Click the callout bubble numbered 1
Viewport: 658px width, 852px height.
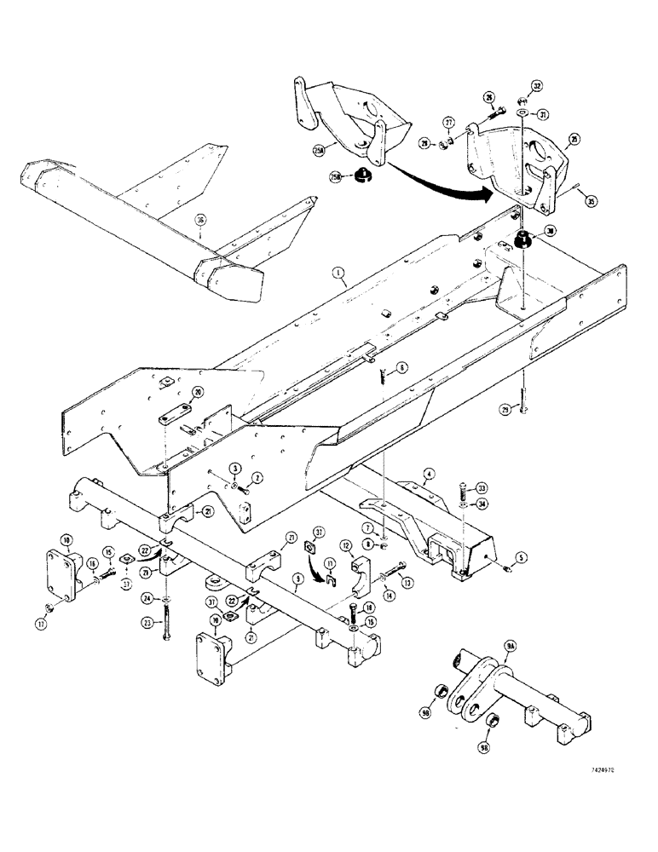(x=340, y=273)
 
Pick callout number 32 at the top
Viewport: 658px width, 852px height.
(x=537, y=86)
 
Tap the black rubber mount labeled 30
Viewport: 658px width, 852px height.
(x=522, y=239)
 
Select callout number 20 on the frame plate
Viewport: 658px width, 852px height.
(x=198, y=393)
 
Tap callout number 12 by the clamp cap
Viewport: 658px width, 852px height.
(x=347, y=544)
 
